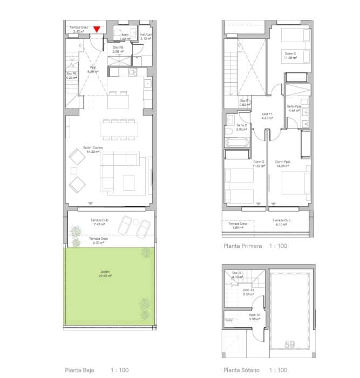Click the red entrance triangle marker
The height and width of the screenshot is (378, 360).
tap(97, 30)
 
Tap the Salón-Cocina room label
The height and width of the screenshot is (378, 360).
tap(94, 147)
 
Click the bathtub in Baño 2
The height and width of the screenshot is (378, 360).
tap(236, 144)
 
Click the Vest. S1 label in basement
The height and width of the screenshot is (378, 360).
tap(255, 315)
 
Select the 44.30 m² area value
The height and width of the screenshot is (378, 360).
tap(94, 152)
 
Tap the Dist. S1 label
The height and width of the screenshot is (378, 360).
tap(248, 291)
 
